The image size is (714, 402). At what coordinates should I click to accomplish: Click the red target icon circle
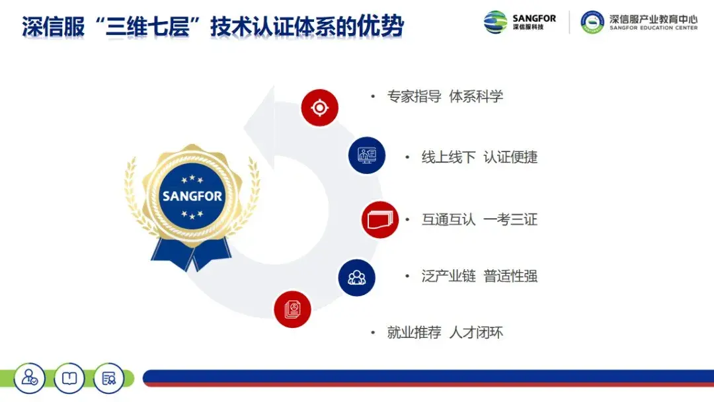(x=320, y=108)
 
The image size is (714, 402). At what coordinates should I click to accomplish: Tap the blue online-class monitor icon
(x=367, y=155)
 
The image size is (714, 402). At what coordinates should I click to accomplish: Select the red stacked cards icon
(x=380, y=220)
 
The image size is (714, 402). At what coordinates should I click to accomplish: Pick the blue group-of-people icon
(x=356, y=278)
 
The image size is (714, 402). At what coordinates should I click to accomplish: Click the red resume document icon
(x=292, y=309)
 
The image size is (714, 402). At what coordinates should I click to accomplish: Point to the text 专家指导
(x=414, y=97)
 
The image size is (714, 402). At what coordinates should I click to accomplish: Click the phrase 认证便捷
(x=510, y=157)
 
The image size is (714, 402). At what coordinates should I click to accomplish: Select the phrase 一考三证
(x=510, y=220)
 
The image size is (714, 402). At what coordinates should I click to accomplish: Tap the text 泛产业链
(x=448, y=276)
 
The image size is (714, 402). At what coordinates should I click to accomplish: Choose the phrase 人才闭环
(x=476, y=333)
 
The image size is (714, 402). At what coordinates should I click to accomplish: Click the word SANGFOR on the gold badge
(x=192, y=196)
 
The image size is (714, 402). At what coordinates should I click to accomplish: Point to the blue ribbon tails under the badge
(x=191, y=254)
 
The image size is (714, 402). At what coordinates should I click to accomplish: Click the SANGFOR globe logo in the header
(x=495, y=22)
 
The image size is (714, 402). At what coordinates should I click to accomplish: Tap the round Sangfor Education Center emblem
(x=592, y=22)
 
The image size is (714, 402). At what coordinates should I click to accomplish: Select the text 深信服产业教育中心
(x=653, y=19)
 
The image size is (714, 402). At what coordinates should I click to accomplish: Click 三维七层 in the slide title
(x=147, y=26)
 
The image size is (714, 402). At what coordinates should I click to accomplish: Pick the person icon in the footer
(x=30, y=378)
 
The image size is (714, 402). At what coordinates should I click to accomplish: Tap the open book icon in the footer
(x=69, y=378)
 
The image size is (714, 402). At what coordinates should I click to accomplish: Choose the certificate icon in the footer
(x=109, y=378)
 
